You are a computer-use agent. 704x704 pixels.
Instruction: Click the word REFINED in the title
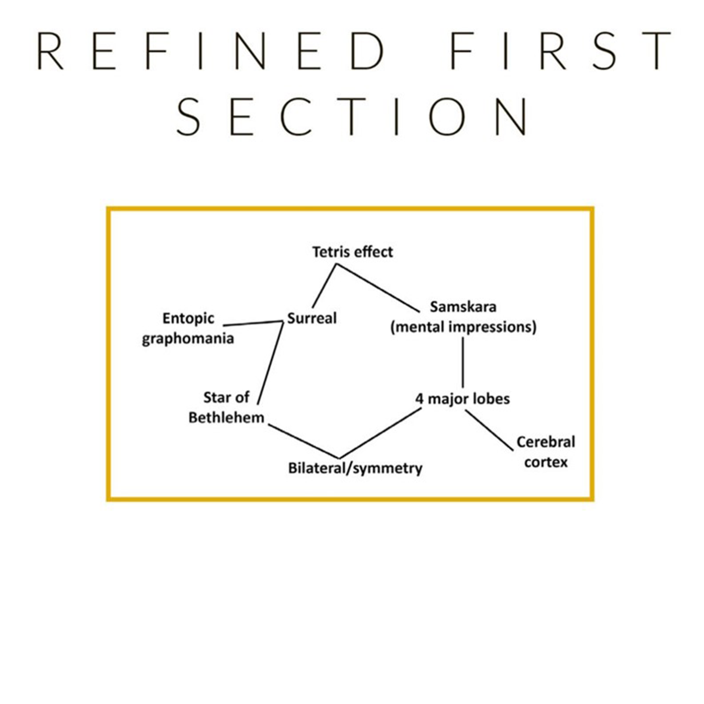pyautogui.click(x=209, y=51)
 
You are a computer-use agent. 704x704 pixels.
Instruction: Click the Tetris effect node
pyautogui.click(x=352, y=252)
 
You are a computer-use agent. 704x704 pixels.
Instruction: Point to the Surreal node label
pyautogui.click(x=312, y=318)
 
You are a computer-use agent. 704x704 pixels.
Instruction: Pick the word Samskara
pyautogui.click(x=463, y=307)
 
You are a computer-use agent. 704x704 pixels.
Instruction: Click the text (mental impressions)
pyautogui.click(x=463, y=327)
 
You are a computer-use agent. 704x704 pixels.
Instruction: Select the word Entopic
pyautogui.click(x=188, y=318)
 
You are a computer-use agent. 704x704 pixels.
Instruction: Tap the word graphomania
pyautogui.click(x=188, y=338)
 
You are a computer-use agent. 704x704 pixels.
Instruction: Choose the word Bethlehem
pyautogui.click(x=226, y=418)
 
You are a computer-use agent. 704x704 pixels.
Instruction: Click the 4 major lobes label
pyautogui.click(x=462, y=399)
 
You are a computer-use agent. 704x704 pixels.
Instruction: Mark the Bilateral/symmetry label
pyautogui.click(x=355, y=468)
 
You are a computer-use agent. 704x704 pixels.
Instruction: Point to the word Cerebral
pyautogui.click(x=546, y=442)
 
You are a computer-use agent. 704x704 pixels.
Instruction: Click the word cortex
pyautogui.click(x=546, y=462)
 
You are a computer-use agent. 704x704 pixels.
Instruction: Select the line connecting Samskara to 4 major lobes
pyautogui.click(x=462, y=362)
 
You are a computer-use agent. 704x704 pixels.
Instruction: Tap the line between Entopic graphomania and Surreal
pyautogui.click(x=253, y=323)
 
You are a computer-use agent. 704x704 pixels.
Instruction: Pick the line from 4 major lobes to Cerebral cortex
pyautogui.click(x=489, y=430)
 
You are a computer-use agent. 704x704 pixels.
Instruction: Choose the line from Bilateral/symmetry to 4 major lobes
pyautogui.click(x=380, y=433)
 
